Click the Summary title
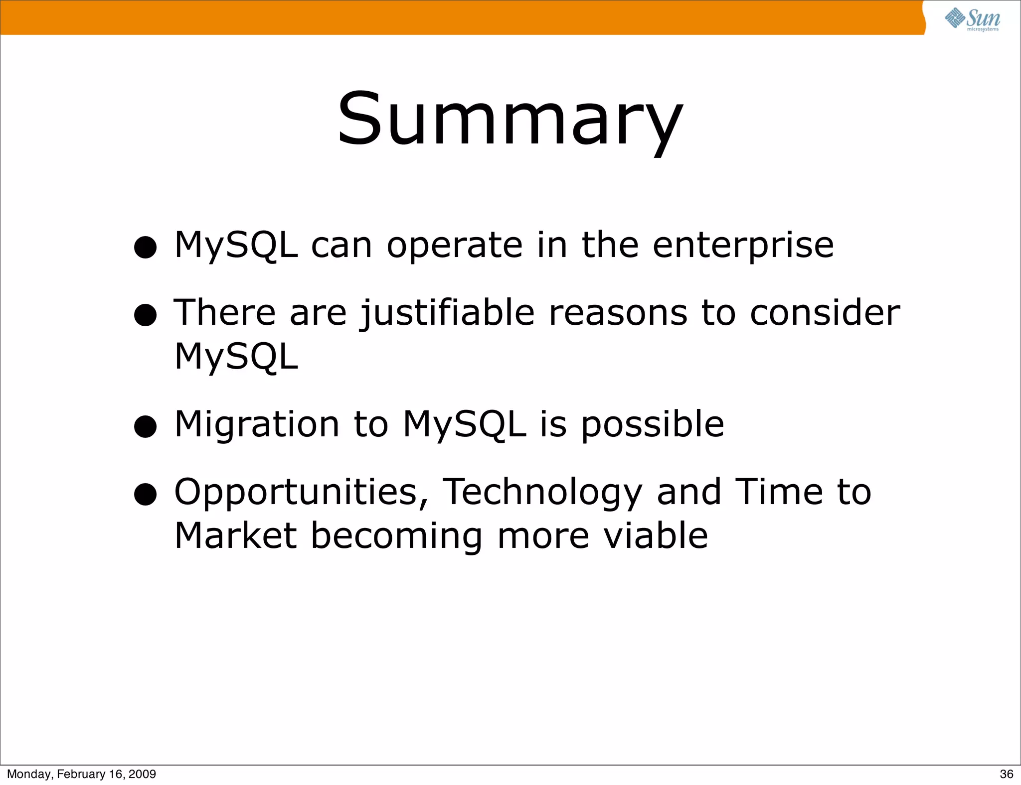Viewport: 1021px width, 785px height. coord(510,120)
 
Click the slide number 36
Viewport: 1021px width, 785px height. coord(1006,774)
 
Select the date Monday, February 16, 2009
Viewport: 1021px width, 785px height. coord(81,774)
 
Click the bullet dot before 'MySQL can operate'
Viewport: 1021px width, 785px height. coord(146,247)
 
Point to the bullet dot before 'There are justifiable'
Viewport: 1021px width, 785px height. coord(146,315)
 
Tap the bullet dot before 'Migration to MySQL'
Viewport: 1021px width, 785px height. coord(146,426)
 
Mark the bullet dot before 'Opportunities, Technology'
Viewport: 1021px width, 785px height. coord(146,494)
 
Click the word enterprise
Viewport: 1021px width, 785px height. coord(743,246)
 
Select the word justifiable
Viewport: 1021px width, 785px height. coord(447,314)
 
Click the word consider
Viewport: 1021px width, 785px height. coord(825,313)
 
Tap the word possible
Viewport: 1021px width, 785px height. coord(652,425)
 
